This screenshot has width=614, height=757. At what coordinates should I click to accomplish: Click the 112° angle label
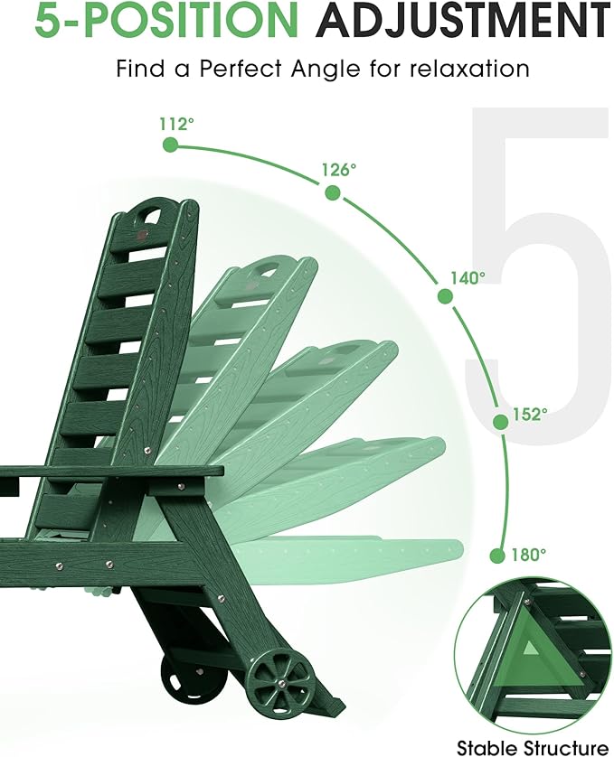click(x=176, y=124)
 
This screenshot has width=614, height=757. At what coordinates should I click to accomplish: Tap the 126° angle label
click(x=339, y=170)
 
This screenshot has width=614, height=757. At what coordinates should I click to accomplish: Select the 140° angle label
click(x=468, y=278)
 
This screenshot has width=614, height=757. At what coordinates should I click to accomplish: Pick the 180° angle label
click(x=529, y=555)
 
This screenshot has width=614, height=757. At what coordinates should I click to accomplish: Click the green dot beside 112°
click(x=170, y=145)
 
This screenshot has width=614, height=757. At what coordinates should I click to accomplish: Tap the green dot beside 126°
click(x=333, y=192)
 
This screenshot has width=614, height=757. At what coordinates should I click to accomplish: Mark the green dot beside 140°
click(x=445, y=296)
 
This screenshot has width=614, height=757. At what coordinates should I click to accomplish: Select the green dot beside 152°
click(x=500, y=422)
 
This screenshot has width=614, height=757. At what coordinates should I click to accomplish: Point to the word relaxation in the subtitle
click(x=469, y=69)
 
